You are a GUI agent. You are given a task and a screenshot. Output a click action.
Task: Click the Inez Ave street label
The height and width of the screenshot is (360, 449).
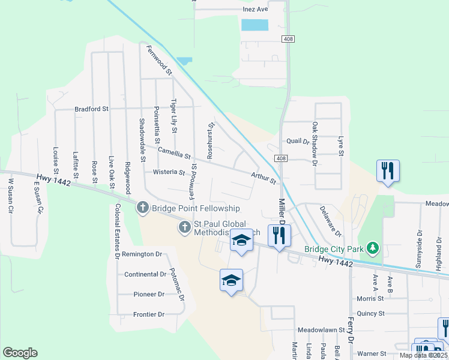[x=256, y=10]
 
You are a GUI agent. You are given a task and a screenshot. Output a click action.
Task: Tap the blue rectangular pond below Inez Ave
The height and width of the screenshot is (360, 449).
[x=254, y=25]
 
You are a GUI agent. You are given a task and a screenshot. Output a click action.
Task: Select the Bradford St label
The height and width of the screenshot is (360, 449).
[x=91, y=109]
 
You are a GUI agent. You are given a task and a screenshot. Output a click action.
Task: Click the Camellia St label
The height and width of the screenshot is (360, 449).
[x=174, y=154]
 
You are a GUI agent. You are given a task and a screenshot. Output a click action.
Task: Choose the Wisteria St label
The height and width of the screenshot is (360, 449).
[x=169, y=172]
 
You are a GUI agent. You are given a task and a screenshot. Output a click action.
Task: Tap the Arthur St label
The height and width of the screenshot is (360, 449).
[x=264, y=177]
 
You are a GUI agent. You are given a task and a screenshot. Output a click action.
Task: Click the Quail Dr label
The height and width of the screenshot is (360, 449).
[x=297, y=142]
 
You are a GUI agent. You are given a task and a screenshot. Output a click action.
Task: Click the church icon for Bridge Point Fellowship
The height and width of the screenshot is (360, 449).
[x=143, y=208]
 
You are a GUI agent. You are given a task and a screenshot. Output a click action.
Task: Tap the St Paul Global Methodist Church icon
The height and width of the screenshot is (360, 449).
[x=185, y=227]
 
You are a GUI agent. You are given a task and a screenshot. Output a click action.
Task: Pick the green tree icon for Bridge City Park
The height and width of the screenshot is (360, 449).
[x=373, y=248]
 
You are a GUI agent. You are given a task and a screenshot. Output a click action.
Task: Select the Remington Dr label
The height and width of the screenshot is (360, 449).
[x=142, y=254]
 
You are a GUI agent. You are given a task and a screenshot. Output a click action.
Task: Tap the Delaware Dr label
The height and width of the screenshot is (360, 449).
[x=330, y=221]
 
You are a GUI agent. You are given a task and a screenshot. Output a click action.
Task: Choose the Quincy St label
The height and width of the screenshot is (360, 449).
[x=370, y=313]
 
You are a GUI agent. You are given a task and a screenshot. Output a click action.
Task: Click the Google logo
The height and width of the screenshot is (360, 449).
[x=20, y=353]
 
